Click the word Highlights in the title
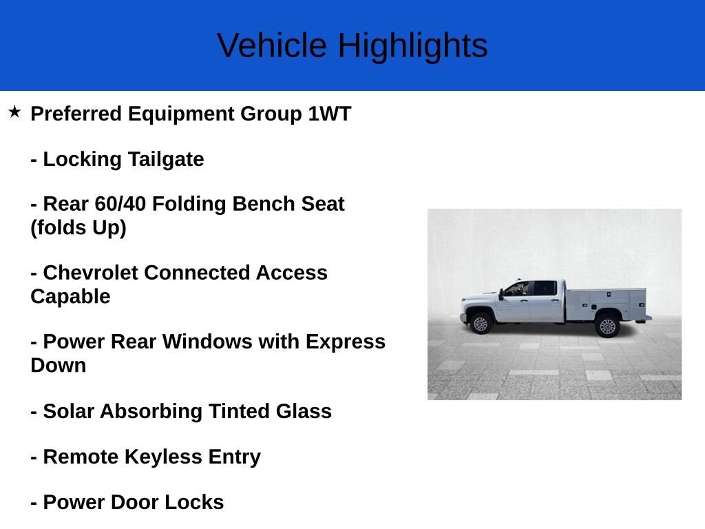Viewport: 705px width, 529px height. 412,46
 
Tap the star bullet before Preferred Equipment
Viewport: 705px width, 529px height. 15,112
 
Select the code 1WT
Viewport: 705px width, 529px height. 330,114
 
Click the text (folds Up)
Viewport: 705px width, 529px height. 78,227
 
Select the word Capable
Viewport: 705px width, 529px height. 70,296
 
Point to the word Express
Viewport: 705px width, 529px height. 346,342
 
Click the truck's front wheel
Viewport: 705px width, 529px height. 480,323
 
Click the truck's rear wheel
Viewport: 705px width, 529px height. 607,325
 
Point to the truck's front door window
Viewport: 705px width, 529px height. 518,289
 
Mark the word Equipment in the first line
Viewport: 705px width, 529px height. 181,114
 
